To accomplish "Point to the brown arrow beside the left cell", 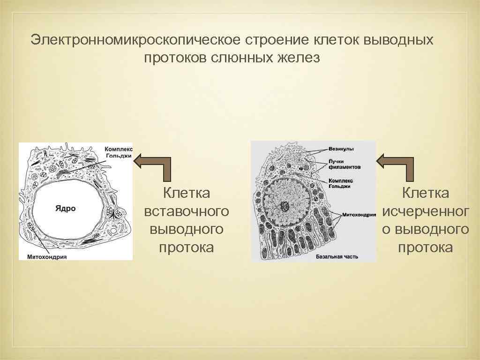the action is click(x=153, y=167).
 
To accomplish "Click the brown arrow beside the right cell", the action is click(x=396, y=167).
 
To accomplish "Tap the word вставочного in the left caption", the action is click(x=187, y=211).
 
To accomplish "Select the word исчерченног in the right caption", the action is click(x=425, y=211).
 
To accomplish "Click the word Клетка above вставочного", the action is click(x=186, y=193).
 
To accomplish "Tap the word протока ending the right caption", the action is click(x=425, y=247).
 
